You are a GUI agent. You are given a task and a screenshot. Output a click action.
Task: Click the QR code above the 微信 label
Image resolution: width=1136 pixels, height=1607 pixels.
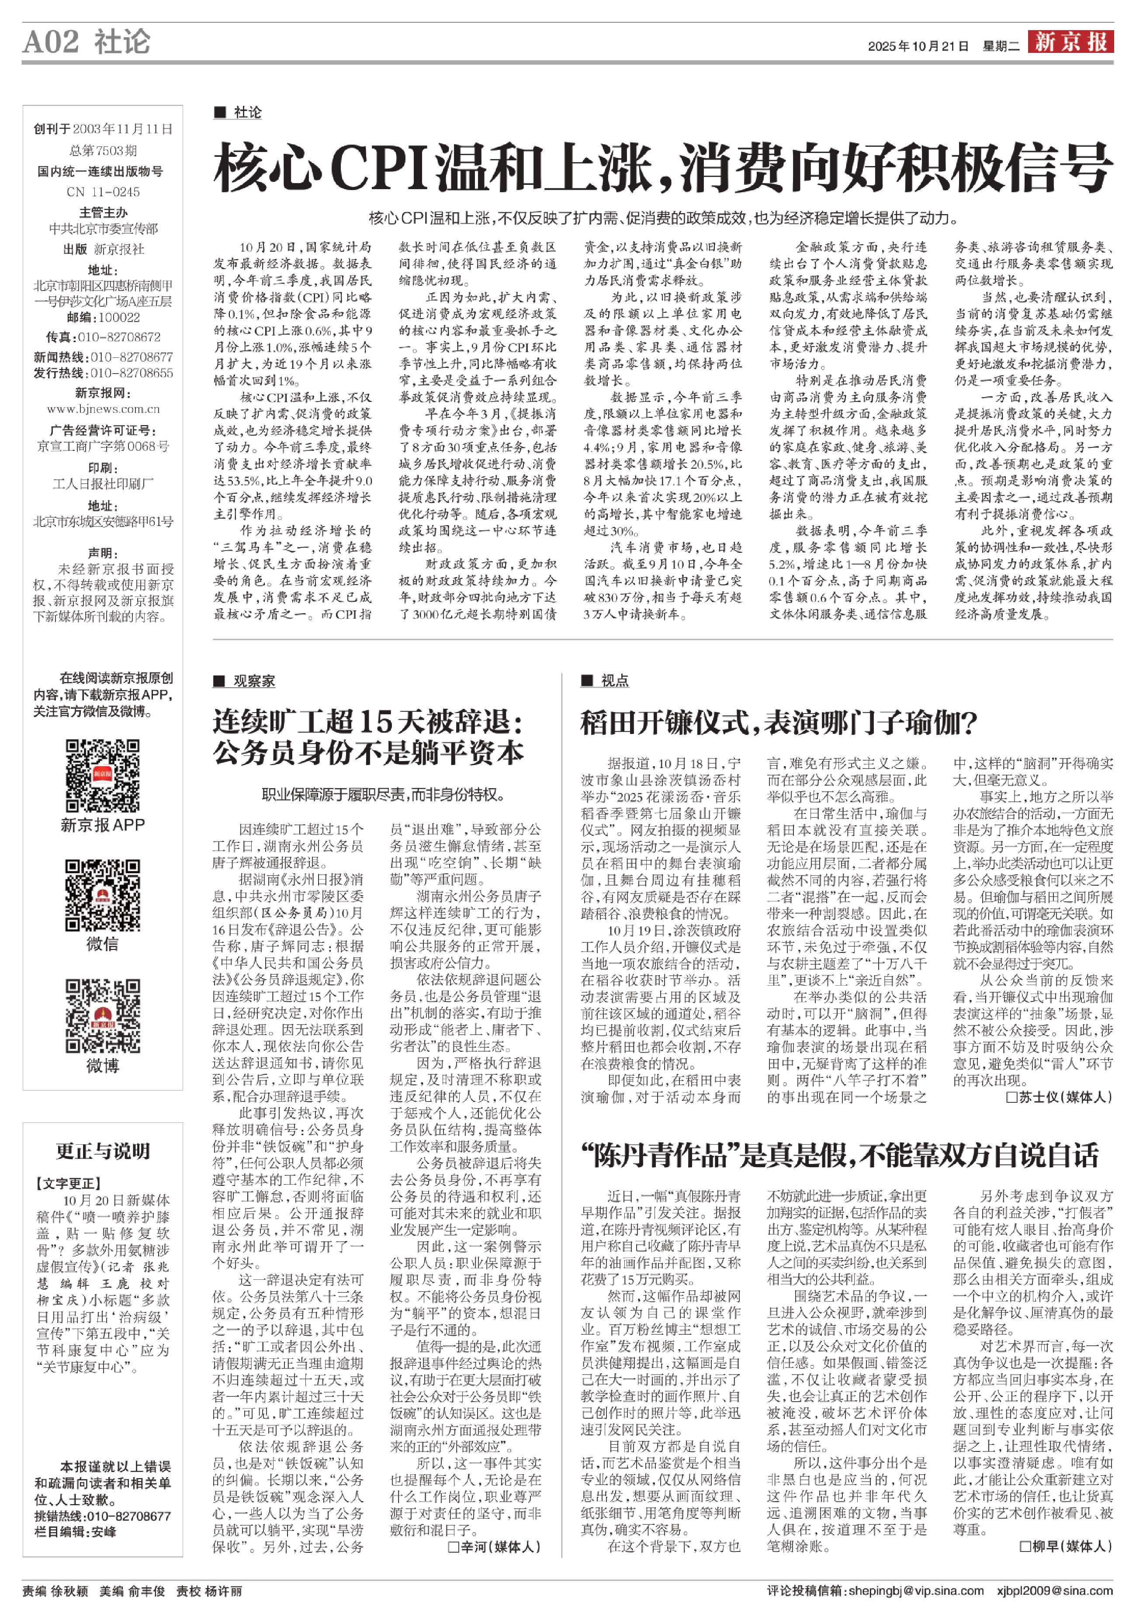pos(102,895)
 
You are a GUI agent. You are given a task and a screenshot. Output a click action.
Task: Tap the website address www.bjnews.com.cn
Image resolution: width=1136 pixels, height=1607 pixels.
pos(103,409)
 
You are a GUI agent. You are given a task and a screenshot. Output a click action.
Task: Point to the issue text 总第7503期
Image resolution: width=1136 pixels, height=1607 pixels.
pos(103,150)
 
